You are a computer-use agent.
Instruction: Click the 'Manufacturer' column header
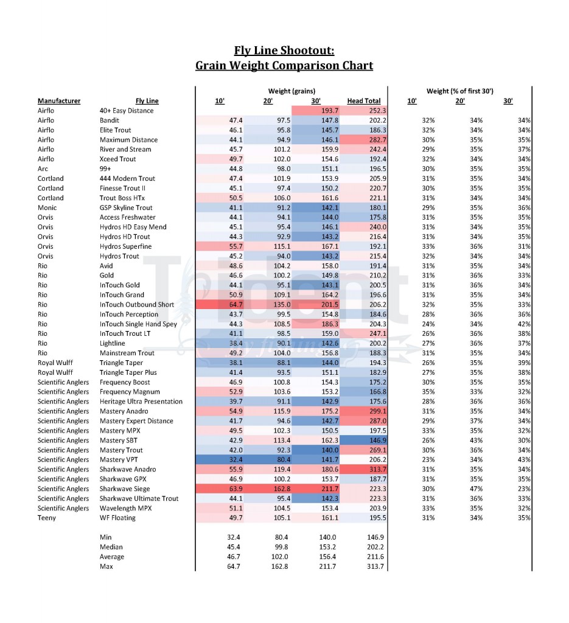pyautogui.click(x=59, y=101)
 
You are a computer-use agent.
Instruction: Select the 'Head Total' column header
pyautogui.click(x=363, y=101)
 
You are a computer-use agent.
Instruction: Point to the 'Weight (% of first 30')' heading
pyautogui.click(x=459, y=91)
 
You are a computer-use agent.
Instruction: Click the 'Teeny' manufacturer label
pyautogui.click(x=47, y=518)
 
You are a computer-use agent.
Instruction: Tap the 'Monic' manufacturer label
pyautogui.click(x=47, y=208)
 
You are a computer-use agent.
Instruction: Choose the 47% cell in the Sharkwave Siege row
pyautogui.click(x=476, y=489)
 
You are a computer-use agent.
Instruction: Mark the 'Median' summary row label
pyautogui.click(x=111, y=548)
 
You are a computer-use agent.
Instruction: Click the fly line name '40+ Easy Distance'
pyautogui.click(x=127, y=111)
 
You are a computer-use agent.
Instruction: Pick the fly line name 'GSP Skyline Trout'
pyautogui.click(x=126, y=208)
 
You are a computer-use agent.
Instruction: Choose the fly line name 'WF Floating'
pyautogui.click(x=117, y=518)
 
